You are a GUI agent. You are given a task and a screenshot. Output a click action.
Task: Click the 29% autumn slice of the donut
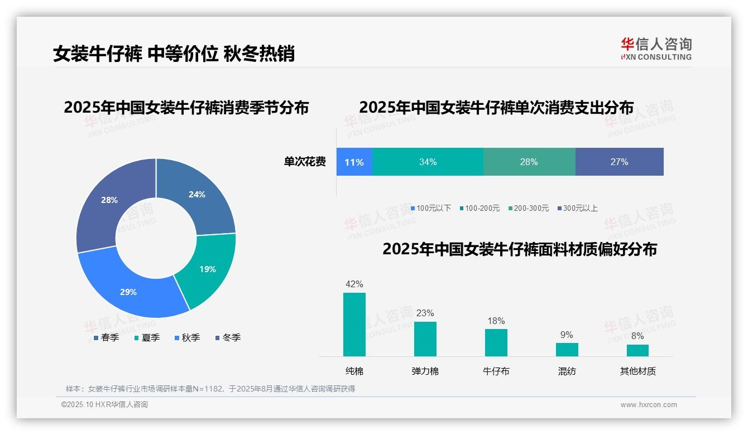pyautogui.click(x=129, y=292)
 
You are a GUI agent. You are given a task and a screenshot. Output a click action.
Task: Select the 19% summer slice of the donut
pyautogui.click(x=207, y=269)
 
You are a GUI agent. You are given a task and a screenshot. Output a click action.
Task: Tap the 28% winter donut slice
pyautogui.click(x=109, y=200)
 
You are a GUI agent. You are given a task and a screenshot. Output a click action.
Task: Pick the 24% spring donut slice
pyautogui.click(x=196, y=195)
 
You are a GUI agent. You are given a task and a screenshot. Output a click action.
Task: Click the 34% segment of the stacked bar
pyautogui.click(x=428, y=162)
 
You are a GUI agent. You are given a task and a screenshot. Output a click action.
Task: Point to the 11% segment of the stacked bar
pyautogui.click(x=354, y=162)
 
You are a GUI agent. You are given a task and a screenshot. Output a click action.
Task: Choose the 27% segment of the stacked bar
pyautogui.click(x=619, y=162)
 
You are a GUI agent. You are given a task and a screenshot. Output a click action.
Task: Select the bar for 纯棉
pyautogui.click(x=354, y=325)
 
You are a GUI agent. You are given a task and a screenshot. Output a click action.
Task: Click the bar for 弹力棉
pyautogui.click(x=425, y=339)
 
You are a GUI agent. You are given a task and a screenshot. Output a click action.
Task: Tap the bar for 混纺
pyautogui.click(x=567, y=350)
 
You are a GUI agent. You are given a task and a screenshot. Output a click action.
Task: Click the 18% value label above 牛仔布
pyautogui.click(x=496, y=321)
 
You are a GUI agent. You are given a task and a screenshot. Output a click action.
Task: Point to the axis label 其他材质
pyautogui.click(x=637, y=371)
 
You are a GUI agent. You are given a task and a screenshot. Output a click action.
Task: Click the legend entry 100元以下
pyautogui.click(x=431, y=209)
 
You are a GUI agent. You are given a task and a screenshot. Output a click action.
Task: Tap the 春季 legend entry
pyautogui.click(x=106, y=338)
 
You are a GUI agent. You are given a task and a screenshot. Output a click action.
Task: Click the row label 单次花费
pyautogui.click(x=305, y=162)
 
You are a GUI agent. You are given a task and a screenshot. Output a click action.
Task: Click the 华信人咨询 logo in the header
pyautogui.click(x=656, y=49)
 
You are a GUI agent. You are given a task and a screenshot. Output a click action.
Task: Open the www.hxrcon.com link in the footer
pyautogui.click(x=649, y=405)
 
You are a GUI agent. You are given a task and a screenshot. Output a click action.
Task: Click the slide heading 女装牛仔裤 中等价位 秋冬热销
pyautogui.click(x=174, y=54)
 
